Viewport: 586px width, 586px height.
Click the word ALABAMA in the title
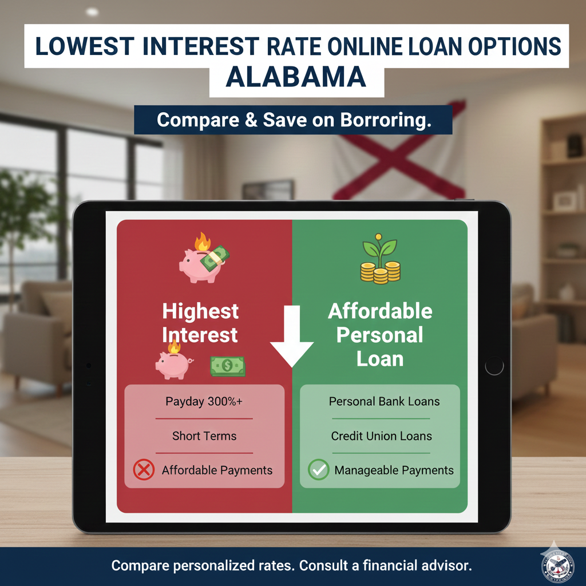click(296, 77)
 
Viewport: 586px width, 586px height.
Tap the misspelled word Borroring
click(386, 120)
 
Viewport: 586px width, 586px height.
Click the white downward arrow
click(291, 336)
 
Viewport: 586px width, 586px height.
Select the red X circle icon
click(144, 469)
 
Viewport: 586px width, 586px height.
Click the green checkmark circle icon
click(318, 469)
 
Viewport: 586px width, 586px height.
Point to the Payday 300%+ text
click(204, 401)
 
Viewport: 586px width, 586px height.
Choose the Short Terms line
click(204, 435)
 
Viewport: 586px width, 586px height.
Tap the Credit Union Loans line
click(381, 435)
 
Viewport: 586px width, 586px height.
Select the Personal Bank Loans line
click(384, 401)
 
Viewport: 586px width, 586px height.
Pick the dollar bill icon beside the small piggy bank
click(228, 366)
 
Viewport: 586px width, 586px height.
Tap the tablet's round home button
click(494, 366)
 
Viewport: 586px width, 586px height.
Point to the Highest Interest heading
click(200, 323)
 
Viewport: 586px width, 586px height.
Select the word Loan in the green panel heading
click(380, 359)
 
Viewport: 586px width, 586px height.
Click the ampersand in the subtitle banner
click(251, 120)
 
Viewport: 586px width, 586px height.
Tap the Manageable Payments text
click(394, 470)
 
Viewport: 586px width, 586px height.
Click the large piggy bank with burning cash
click(204, 258)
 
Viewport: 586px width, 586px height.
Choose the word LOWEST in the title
click(85, 47)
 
